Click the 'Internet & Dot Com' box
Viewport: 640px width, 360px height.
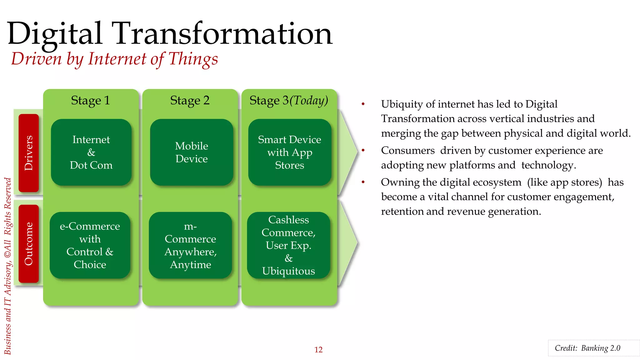tap(91, 152)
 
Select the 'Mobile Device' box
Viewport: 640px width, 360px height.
tap(191, 152)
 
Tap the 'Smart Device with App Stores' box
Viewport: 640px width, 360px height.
tap(289, 152)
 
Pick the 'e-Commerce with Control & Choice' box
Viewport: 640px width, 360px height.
tap(90, 245)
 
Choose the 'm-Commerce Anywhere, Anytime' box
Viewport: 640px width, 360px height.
tap(190, 245)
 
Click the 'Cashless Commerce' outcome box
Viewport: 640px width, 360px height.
tap(288, 245)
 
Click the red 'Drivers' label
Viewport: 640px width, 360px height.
tap(29, 153)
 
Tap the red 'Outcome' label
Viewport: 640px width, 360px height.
tap(29, 244)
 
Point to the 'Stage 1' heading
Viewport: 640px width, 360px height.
tap(90, 101)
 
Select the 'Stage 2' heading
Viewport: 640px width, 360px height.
tap(190, 101)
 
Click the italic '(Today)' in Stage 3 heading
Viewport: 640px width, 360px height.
tap(309, 101)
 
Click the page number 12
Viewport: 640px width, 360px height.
tap(318, 349)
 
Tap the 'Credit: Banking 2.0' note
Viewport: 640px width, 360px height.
tap(587, 348)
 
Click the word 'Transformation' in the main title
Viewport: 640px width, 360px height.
tap(223, 34)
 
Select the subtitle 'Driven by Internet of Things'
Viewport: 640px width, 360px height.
tap(114, 59)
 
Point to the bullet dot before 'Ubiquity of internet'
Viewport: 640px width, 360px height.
tap(363, 104)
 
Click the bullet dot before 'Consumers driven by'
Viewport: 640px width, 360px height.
tap(363, 151)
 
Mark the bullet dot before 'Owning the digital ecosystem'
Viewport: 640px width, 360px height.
tap(363, 182)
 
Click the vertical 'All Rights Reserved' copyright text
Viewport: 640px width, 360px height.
tap(8, 219)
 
